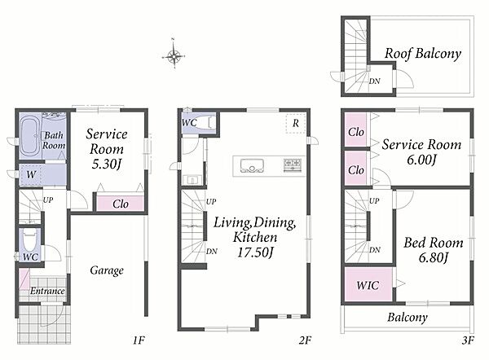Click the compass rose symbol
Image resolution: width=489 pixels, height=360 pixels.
174,57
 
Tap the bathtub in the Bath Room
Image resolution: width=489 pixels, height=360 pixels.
29,136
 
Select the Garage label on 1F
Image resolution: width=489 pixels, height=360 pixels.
107,270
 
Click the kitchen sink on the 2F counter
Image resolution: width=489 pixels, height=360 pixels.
252,165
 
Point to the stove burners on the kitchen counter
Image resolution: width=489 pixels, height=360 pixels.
293,165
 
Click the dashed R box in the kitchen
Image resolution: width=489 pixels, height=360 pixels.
296,124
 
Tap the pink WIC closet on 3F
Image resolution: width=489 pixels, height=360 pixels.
368,284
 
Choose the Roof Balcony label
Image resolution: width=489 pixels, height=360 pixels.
422,53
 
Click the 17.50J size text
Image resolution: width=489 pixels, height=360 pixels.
255,252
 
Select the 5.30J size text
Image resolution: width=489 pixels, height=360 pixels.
106,164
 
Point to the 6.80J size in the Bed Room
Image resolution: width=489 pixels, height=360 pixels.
434,257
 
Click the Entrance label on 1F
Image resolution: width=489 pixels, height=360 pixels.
47,291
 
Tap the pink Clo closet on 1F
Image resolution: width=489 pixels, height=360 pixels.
121,204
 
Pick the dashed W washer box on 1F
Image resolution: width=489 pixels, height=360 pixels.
31,175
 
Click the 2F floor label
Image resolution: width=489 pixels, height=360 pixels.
305,340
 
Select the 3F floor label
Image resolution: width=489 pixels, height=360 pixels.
468,340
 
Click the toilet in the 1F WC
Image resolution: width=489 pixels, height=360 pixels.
30,242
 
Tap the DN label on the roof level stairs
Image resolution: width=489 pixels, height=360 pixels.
375,81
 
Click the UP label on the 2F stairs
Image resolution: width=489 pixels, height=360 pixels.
211,202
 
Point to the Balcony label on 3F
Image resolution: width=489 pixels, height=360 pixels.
407,318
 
